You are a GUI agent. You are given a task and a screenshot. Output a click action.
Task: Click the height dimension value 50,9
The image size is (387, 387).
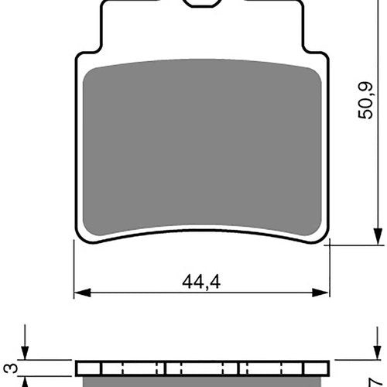pos(366,101)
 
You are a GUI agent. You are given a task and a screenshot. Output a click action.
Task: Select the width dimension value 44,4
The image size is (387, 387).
pos(201,282)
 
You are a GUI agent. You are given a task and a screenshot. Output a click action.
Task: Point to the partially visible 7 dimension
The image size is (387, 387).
pos(375,382)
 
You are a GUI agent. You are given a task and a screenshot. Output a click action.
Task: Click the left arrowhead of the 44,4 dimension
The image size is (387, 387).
pos(82,293)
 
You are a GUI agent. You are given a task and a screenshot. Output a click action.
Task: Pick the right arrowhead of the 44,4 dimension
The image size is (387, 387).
pos(320,293)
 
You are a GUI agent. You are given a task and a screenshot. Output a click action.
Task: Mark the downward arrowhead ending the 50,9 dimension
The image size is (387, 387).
pos(378,236)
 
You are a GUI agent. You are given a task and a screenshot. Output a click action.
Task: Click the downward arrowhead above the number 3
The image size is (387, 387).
pos(25,352)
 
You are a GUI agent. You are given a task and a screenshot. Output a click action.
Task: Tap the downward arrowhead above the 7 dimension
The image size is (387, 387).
pos(378,352)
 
